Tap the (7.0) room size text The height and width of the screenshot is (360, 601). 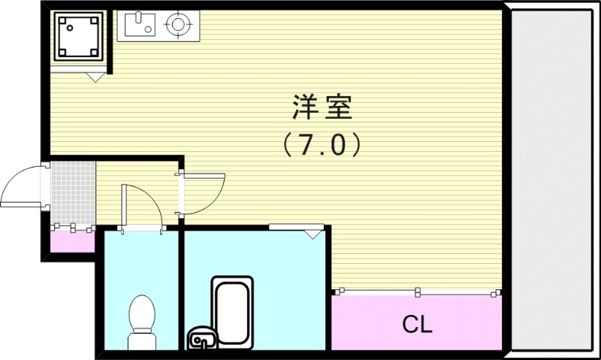pyautogui.click(x=322, y=144)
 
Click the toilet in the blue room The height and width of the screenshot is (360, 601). pyautogui.click(x=141, y=319)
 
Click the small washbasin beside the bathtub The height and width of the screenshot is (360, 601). pyautogui.click(x=201, y=339)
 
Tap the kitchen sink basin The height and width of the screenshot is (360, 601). pyautogui.click(x=139, y=26)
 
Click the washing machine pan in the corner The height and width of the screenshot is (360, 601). pyautogui.click(x=77, y=35)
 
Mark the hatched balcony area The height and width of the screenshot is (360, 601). pyautogui.click(x=554, y=180)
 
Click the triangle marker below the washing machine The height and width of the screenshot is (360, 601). pyautogui.click(x=95, y=76)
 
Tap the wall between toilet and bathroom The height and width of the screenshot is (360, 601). pyautogui.click(x=181, y=289)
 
